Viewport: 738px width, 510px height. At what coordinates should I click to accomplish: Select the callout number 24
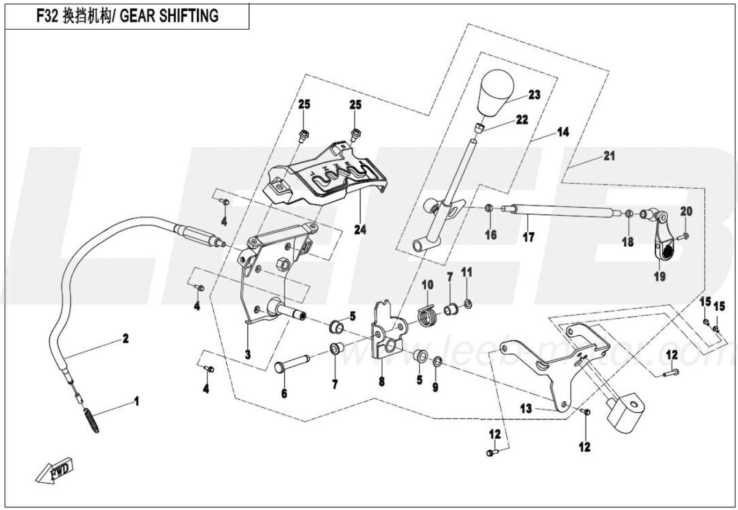360,230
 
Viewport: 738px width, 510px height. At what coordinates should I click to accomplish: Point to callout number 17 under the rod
528,237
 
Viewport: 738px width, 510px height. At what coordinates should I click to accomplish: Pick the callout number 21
609,156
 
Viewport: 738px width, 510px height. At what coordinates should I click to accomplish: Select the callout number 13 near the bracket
526,409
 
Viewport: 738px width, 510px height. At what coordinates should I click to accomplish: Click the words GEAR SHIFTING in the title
169,16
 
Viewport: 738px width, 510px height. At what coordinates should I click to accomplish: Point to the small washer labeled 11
468,305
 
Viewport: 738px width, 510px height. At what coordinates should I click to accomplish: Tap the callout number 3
247,355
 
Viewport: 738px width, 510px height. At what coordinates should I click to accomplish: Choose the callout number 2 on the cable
126,338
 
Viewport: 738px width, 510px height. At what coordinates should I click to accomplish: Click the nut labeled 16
489,208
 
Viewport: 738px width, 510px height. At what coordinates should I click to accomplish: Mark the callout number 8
382,382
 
